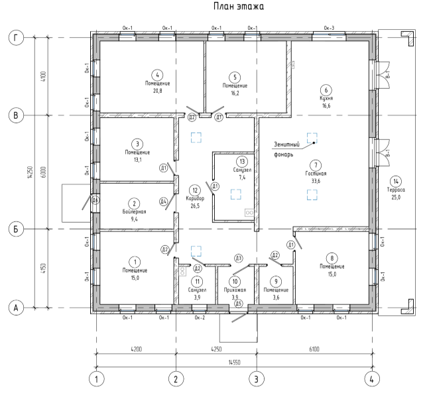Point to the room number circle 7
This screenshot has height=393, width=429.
tap(316, 165)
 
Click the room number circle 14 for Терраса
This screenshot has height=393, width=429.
tap(396, 181)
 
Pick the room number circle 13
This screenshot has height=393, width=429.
tap(242, 162)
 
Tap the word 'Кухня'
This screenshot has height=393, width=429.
tap(325, 97)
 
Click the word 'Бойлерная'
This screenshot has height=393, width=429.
tap(134, 211)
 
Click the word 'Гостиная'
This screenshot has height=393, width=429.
tap(316, 173)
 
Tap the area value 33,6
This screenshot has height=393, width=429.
tap(316, 180)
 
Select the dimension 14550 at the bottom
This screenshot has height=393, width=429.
tap(233, 363)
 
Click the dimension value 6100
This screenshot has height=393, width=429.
tap(313, 347)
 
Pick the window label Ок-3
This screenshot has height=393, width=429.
tap(329, 27)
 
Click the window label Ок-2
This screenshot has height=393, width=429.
tap(200, 317)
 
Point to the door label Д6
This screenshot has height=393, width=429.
tap(95, 199)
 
